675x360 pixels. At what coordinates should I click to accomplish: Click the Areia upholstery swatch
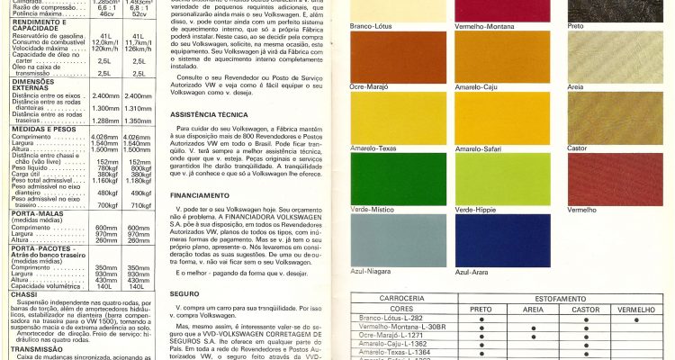coord(620,57)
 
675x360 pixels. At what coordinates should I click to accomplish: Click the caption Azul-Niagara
coord(370,271)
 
